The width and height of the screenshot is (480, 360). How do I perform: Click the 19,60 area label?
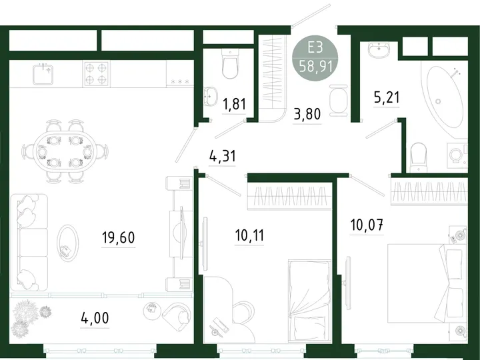click(119, 237)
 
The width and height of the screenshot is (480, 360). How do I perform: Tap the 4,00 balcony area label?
click(95, 318)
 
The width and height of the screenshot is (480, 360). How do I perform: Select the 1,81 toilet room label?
click(235, 104)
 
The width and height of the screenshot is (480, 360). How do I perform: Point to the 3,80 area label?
click(307, 114)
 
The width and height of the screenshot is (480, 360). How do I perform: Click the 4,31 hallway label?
click(223, 156)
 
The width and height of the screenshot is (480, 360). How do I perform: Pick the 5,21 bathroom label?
click(387, 97)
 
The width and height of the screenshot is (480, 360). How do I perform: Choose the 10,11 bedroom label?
click(249, 235)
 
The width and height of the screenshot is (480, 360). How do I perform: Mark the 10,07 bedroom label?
click(367, 225)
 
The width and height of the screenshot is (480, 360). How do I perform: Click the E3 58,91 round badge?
click(315, 58)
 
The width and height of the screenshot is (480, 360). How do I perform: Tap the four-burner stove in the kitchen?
click(96, 74)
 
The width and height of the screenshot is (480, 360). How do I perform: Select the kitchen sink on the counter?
click(43, 74)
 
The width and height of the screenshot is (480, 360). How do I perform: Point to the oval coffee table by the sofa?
click(67, 243)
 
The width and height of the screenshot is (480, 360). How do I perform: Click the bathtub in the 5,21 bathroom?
click(445, 97)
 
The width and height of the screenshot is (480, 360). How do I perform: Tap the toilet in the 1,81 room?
click(229, 64)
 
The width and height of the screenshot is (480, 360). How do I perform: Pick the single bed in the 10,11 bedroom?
click(310, 301)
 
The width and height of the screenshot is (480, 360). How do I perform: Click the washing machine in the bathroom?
click(457, 155)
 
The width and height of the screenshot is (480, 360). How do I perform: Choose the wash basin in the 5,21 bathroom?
click(379, 49)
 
